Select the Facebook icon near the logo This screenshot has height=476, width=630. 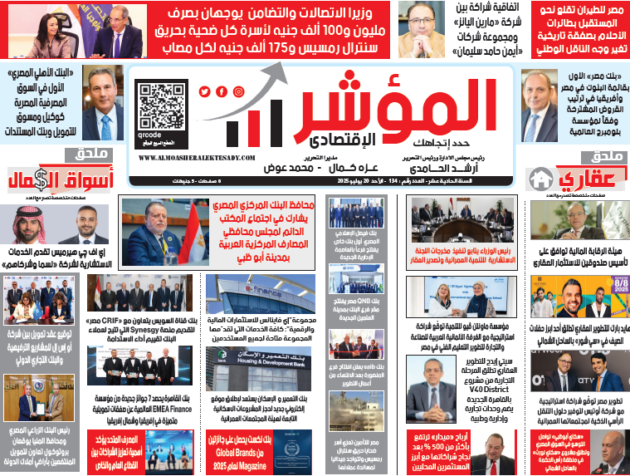[x=222, y=92]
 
